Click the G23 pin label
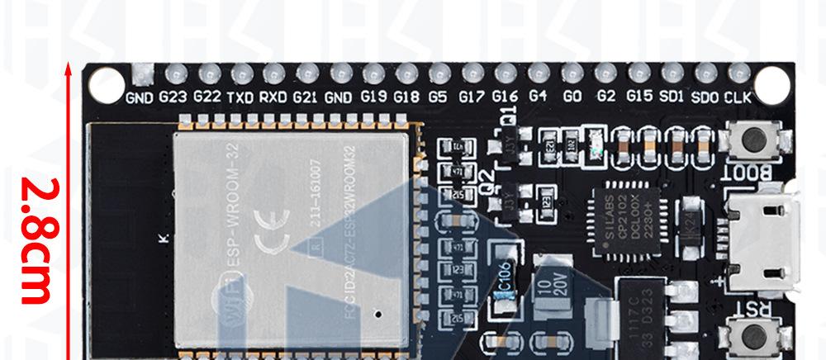pos(173,97)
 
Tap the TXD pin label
pos(240,97)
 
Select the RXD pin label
pos(273,97)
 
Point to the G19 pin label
pos(373,97)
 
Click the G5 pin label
pos(438,97)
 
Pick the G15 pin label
pos(639,97)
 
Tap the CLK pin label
pos(738,97)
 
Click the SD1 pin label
pos(673,97)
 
